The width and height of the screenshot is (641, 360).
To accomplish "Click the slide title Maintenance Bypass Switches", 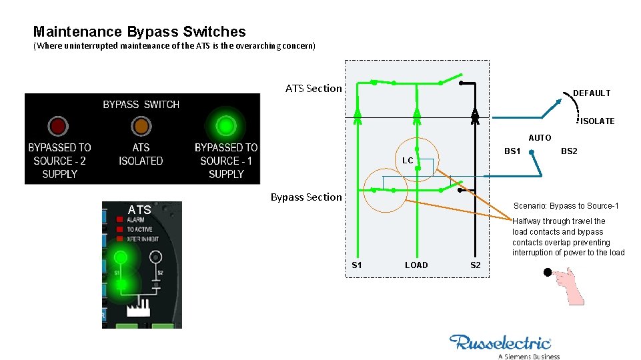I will coord(139,31).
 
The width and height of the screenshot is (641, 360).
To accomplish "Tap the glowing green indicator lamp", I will coord(226,125).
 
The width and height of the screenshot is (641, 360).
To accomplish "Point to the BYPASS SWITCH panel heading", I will coord(141,105).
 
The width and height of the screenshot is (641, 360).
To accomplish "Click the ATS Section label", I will coord(313,89).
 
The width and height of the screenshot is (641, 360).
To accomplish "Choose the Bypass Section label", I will coord(305,197).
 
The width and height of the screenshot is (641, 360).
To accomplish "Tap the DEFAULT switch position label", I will coord(592,93).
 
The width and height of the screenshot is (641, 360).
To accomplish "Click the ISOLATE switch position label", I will coord(597,121).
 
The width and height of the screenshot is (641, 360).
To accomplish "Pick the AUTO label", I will coord(540,138).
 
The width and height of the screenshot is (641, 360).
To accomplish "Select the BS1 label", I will coord(512,151).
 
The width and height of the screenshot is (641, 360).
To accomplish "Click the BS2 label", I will coord(569,151).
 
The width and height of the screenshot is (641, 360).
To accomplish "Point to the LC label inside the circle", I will coord(408,161).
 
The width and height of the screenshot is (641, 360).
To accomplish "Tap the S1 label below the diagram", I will coord(357,265).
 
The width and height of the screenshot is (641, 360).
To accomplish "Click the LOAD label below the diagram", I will coord(416,265).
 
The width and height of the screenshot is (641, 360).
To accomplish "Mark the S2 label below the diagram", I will coord(475,265).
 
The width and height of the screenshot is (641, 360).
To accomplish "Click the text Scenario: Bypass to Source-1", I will coord(566,205).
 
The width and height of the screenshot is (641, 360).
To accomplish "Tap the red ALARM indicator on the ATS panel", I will coord(119,219).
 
